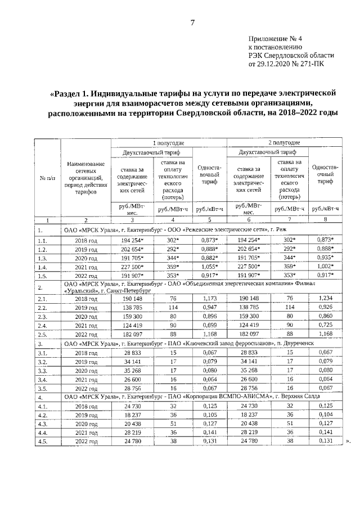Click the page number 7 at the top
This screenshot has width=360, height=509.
point(192,22)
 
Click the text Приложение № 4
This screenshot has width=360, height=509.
point(275,38)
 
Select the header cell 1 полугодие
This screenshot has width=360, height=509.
point(169,143)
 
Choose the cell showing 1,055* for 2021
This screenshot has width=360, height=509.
point(210,265)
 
